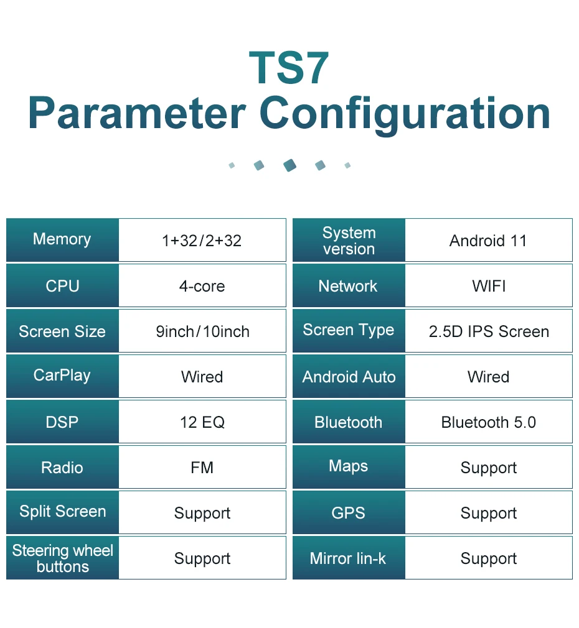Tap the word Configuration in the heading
[x=405, y=114]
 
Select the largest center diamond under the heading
[x=289, y=165]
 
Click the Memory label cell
[x=62, y=239]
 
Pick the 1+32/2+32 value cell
[x=202, y=241]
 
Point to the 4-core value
[x=202, y=286]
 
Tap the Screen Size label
[x=62, y=331]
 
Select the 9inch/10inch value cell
[x=202, y=331]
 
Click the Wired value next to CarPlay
[x=202, y=377]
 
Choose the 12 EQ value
[x=202, y=422]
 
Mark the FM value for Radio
[x=202, y=468]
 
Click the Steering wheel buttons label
[x=62, y=558]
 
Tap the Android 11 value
[x=488, y=241]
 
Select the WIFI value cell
[x=488, y=286]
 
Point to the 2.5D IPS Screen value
[x=489, y=331]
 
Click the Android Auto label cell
[x=349, y=377]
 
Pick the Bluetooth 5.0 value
[x=488, y=422]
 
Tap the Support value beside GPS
[x=488, y=513]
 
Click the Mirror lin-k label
[x=348, y=558]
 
